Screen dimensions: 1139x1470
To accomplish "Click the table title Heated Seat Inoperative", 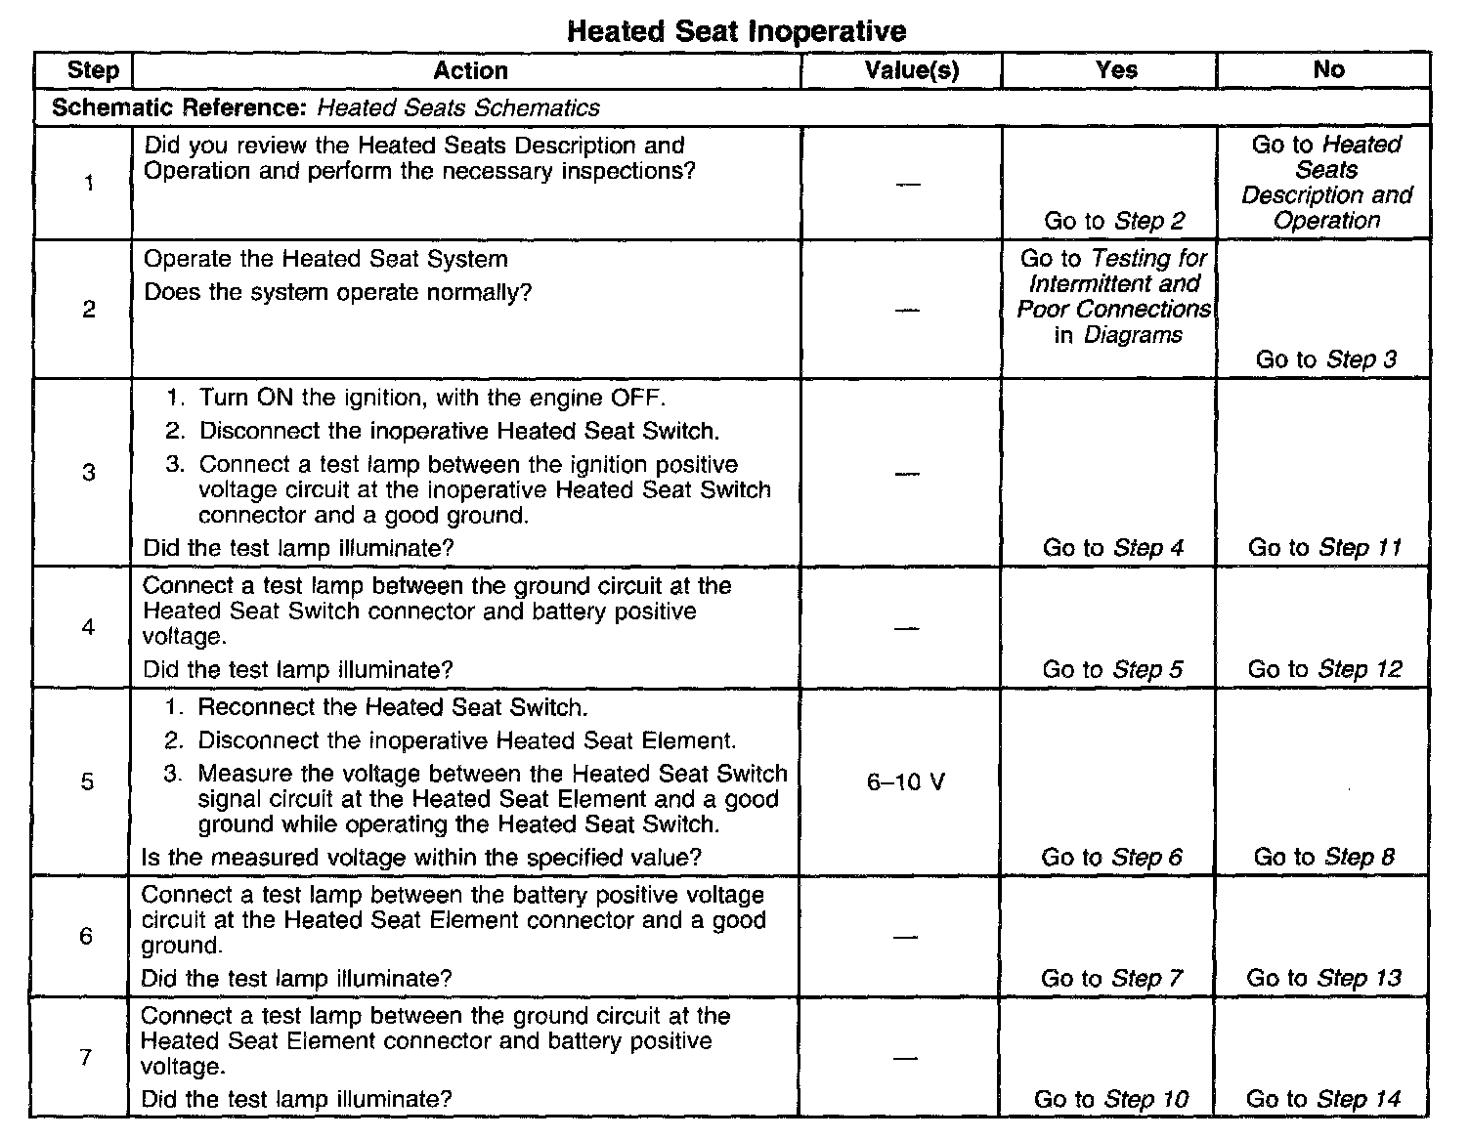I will click(x=736, y=31).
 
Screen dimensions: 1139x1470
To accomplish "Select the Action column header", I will click(x=470, y=70).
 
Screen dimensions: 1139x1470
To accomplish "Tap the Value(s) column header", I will click(x=912, y=70).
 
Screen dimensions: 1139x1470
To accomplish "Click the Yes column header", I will click(x=1116, y=70).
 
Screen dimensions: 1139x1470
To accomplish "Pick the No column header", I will click(x=1328, y=69).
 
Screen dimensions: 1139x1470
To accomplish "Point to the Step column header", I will click(x=93, y=70).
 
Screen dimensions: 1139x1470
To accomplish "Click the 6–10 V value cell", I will click(x=906, y=782).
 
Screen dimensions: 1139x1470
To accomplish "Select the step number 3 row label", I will click(x=89, y=473).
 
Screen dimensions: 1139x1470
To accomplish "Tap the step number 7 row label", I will click(x=86, y=1057).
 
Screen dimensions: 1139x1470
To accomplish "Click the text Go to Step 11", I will click(x=1324, y=548).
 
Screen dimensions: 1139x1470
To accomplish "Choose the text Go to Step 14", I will click(x=1323, y=1099).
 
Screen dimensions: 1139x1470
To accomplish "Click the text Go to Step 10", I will click(x=1111, y=1099).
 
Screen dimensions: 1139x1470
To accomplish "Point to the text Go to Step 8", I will click(x=1323, y=857).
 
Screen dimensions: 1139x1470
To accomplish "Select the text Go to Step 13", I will click(x=1323, y=978).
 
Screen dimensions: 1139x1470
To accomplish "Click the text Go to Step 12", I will click(x=1324, y=669).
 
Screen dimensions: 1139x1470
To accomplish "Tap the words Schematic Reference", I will click(x=182, y=107).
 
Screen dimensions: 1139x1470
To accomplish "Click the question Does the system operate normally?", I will click(x=337, y=292).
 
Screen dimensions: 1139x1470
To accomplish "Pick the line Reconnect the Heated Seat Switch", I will click(x=393, y=707).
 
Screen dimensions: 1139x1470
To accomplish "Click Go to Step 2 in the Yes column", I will click(x=1114, y=221).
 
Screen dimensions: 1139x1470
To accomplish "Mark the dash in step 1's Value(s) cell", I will click(x=908, y=185).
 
